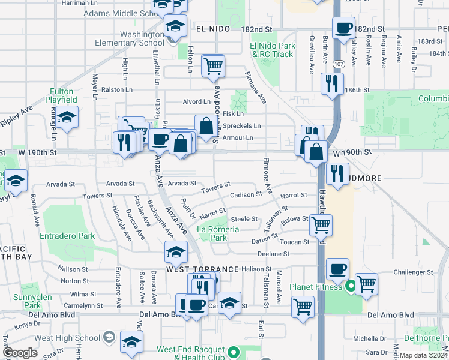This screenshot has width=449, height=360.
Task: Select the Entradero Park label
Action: coord(67,236)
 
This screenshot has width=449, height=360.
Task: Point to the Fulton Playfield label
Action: coord(62,96)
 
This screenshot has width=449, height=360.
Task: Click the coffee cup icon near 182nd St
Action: coord(344,28)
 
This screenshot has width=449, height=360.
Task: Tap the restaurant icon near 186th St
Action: coord(331,83)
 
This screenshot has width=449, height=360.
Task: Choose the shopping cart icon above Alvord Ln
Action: coord(212,66)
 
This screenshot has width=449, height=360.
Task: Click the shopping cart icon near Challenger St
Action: coord(366,283)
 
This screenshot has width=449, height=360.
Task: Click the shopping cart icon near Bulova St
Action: coord(321,226)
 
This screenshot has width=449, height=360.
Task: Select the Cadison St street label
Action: coord(246,194)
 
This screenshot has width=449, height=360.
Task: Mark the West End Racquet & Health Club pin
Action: coord(232,353)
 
